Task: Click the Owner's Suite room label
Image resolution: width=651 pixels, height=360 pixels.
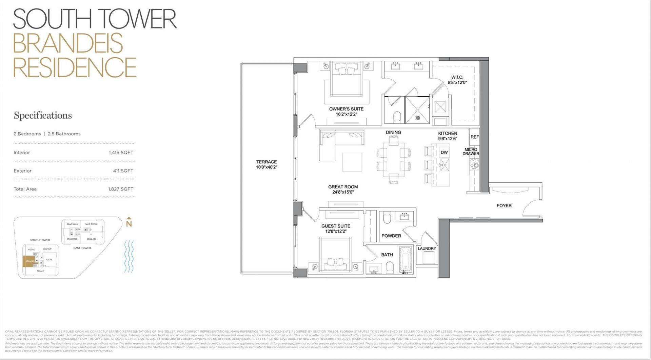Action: (x=346, y=109)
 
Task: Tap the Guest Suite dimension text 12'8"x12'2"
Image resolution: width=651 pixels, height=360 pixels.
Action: (x=336, y=232)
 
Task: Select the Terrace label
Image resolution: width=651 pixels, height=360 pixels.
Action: (x=267, y=162)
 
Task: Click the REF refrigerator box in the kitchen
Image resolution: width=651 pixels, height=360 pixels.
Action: (x=475, y=137)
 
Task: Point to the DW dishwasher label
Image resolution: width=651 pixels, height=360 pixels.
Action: (x=444, y=153)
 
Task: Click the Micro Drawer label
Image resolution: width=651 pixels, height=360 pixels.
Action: (x=471, y=152)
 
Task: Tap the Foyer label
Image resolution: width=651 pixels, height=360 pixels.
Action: (x=504, y=205)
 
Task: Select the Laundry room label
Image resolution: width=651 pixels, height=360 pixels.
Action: (x=427, y=248)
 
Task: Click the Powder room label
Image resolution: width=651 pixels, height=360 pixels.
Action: (x=391, y=236)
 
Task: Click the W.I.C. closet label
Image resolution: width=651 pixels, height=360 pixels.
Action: (x=457, y=77)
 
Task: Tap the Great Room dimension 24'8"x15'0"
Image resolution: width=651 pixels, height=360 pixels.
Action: (x=343, y=192)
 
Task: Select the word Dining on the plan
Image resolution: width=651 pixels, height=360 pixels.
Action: (x=393, y=132)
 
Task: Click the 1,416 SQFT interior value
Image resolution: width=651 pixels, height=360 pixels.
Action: (x=121, y=153)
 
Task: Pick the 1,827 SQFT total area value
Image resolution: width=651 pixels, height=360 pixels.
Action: (x=121, y=189)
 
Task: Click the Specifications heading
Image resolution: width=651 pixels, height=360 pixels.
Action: (x=43, y=116)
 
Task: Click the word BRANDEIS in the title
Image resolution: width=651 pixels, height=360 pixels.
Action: (x=68, y=43)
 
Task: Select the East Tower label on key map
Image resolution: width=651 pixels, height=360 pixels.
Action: (x=82, y=248)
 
